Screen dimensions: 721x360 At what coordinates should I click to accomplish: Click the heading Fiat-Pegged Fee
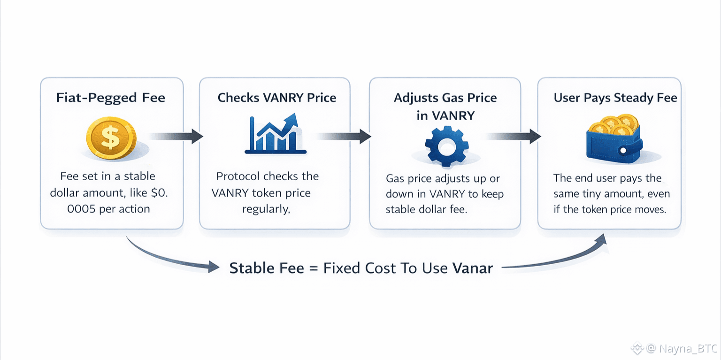pyautogui.click(x=111, y=98)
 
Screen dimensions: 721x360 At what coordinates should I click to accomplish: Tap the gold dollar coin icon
pyautogui.click(x=111, y=138)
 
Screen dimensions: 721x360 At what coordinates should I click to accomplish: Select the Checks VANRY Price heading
pyautogui.click(x=277, y=98)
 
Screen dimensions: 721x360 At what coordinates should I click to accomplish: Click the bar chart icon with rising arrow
pyautogui.click(x=276, y=133)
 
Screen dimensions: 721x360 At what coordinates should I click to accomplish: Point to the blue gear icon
pyautogui.click(x=447, y=146)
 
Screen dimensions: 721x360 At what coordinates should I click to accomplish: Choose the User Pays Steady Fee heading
pyautogui.click(x=615, y=98)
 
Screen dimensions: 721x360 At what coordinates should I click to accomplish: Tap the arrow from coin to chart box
pyautogui.click(x=176, y=136)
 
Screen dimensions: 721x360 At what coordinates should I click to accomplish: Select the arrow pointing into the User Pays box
pyautogui.click(x=514, y=136)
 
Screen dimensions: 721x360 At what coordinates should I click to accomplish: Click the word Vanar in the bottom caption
pyautogui.click(x=473, y=268)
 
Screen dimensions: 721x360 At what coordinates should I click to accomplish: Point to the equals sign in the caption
pyautogui.click(x=314, y=268)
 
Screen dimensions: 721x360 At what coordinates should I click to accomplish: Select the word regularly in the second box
pyautogui.click(x=266, y=209)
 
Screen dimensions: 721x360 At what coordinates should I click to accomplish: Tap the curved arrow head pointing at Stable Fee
pyautogui.click(x=214, y=267)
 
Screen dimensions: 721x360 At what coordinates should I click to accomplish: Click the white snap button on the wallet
pyautogui.click(x=623, y=150)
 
